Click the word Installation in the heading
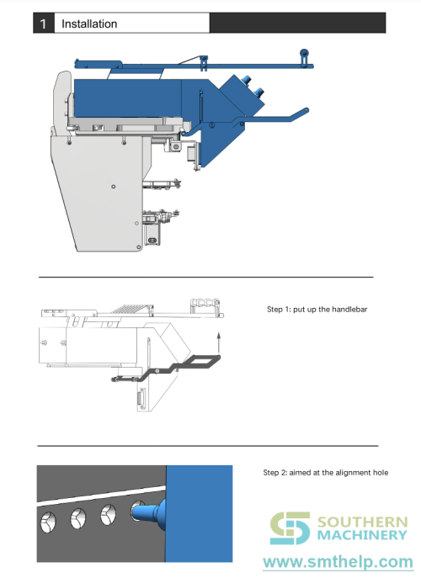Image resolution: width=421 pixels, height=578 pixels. click(x=89, y=24)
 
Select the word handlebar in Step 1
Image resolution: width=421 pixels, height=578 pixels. click(x=349, y=310)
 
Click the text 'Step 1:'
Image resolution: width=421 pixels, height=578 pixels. click(x=280, y=310)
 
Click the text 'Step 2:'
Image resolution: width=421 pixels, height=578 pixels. click(x=276, y=472)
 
